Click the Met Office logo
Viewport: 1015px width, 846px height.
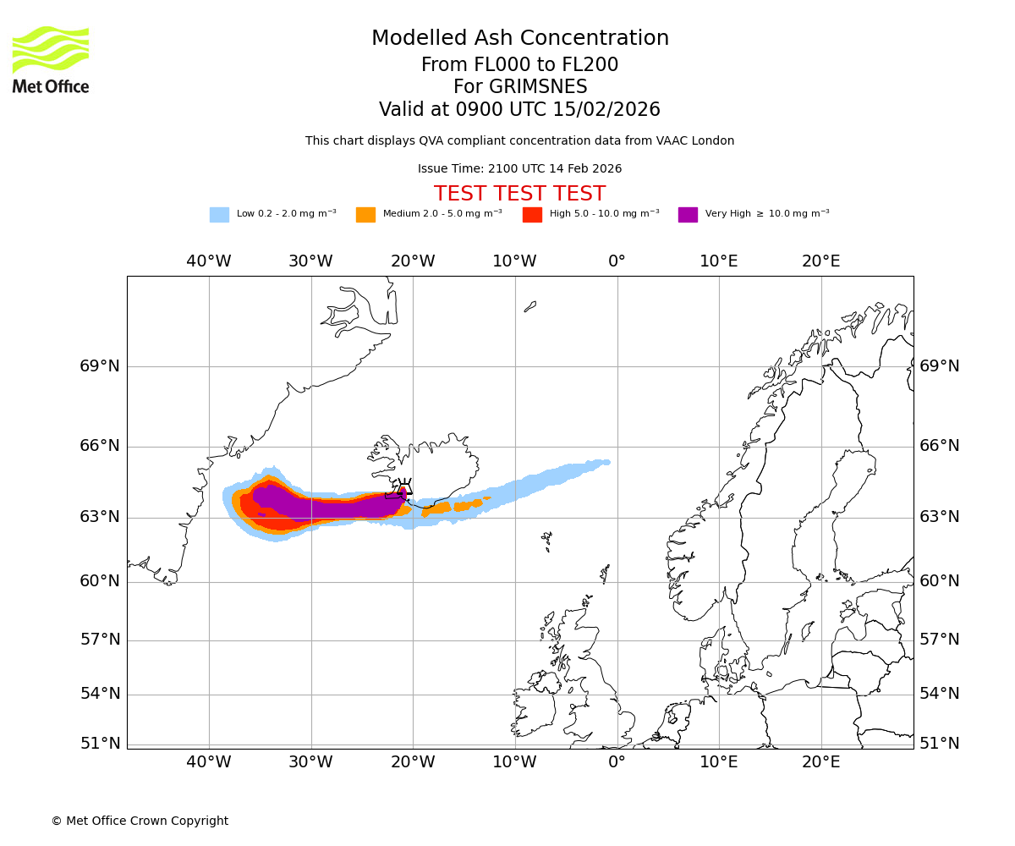(x=51, y=59)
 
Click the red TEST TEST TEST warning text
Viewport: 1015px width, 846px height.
(x=519, y=194)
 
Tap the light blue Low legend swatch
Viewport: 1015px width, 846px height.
(x=219, y=215)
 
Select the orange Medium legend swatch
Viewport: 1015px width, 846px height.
(x=365, y=215)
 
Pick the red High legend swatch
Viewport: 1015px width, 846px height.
(x=532, y=215)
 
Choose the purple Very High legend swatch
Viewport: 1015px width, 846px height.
(x=688, y=215)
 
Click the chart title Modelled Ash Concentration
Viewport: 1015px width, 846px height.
(x=519, y=38)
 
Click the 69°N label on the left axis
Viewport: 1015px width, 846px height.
(x=100, y=366)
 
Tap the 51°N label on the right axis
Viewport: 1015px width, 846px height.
(x=940, y=744)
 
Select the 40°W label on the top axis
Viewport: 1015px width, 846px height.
(x=209, y=261)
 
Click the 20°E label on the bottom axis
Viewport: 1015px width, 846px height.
(x=820, y=761)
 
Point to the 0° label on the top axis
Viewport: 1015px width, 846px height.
(x=617, y=261)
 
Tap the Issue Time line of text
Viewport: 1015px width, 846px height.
(x=519, y=168)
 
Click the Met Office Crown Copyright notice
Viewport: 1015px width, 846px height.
(x=140, y=821)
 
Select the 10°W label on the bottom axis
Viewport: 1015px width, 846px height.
(x=514, y=761)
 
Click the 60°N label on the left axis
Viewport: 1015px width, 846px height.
(x=100, y=581)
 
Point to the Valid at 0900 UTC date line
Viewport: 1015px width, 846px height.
(x=519, y=110)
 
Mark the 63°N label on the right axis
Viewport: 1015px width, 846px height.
(x=940, y=517)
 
